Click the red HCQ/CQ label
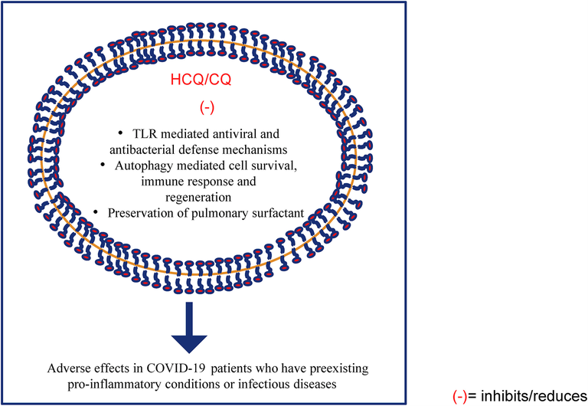point(201,80)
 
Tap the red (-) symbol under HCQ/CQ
point(207,108)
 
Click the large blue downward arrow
point(189,327)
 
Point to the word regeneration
point(198,198)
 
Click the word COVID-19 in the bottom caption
point(176,368)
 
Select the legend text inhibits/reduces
point(534,396)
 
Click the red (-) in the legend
point(459,397)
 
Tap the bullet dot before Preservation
point(96,213)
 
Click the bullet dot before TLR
point(120,133)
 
